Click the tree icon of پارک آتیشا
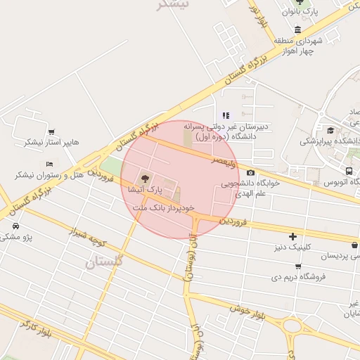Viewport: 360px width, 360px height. [145, 179]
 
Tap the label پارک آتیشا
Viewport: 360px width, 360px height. [146, 190]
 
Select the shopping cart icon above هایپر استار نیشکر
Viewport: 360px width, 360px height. [51, 131]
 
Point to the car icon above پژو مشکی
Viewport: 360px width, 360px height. [15, 226]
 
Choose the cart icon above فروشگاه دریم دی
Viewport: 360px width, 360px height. [298, 266]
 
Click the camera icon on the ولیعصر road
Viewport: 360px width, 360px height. [251, 172]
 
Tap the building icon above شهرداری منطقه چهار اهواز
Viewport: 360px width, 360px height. [298, 30]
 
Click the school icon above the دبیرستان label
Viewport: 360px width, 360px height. [225, 115]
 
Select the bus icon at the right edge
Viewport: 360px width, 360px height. [349, 171]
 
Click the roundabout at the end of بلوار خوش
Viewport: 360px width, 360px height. [292, 326]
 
